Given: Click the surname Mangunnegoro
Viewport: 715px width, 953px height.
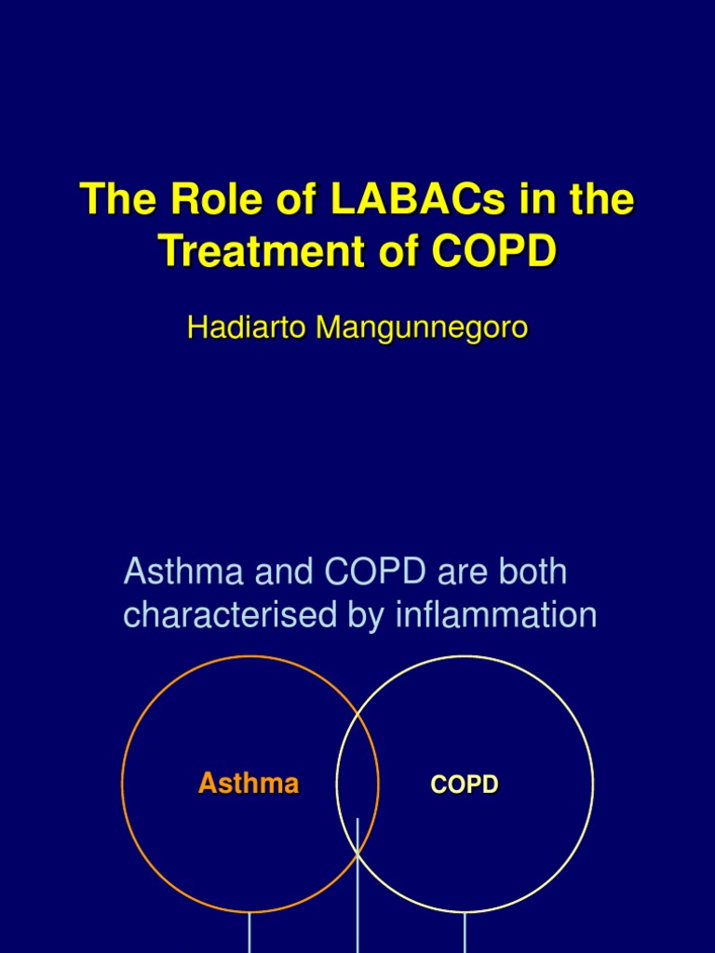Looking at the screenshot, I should coord(422,328).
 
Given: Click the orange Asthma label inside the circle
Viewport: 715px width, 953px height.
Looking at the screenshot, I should coord(249,784).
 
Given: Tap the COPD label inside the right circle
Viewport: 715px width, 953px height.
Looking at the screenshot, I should coord(465,785).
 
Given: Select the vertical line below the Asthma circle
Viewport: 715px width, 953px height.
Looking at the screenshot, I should coord(250,933).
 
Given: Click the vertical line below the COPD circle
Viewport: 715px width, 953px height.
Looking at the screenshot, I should coord(465,933).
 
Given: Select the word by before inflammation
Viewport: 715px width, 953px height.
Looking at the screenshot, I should coord(358,616).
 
